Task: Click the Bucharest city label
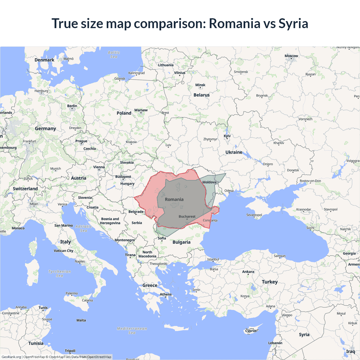coord(187,217)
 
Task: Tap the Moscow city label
coord(291,56)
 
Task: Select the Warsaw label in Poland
coord(141,110)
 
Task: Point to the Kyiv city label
coord(227,136)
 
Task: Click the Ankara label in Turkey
coord(248,272)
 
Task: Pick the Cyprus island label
coord(251,331)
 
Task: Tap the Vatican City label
coord(64,251)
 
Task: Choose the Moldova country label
coord(209,182)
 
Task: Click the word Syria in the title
coord(293,23)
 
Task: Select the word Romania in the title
coord(235,23)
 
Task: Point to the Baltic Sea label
coord(114,55)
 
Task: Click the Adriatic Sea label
coord(84,228)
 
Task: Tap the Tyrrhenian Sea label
coord(60,274)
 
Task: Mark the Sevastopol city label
coord(254,215)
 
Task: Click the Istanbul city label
coord(213,259)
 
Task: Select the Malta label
coord(81,320)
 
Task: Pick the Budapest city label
coord(123,177)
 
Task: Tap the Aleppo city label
coord(287,315)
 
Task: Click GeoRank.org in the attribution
coord(11,357)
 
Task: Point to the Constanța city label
coord(210,220)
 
